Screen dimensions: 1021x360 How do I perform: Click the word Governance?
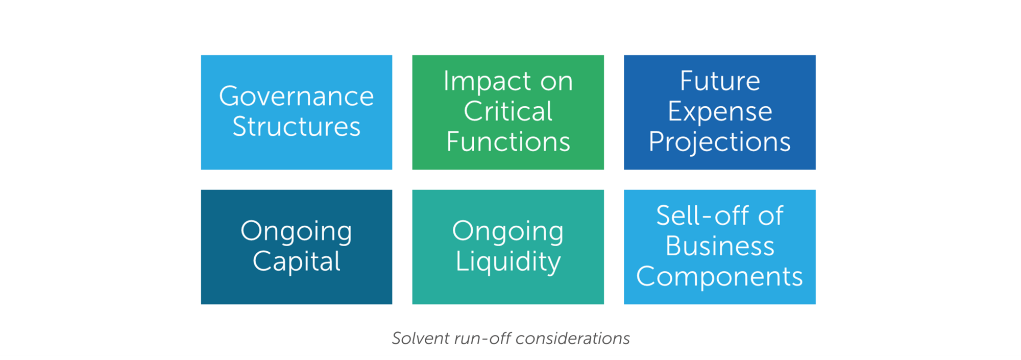[297, 96]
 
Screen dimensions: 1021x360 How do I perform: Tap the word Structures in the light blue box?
[297, 126]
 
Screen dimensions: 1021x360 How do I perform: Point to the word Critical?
[508, 111]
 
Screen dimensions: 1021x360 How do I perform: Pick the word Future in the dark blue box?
[720, 81]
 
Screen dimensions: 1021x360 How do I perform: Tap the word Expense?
[720, 112]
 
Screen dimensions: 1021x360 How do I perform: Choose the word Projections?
[720, 142]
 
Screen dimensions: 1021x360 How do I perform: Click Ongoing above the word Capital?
[297, 232]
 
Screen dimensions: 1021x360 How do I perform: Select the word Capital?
[297, 262]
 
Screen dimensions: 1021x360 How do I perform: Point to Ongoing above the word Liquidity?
[508, 232]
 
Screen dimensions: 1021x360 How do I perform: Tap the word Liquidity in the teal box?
[508, 262]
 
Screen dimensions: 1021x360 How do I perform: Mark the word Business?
[720, 246]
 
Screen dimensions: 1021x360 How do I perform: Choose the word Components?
[720, 277]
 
